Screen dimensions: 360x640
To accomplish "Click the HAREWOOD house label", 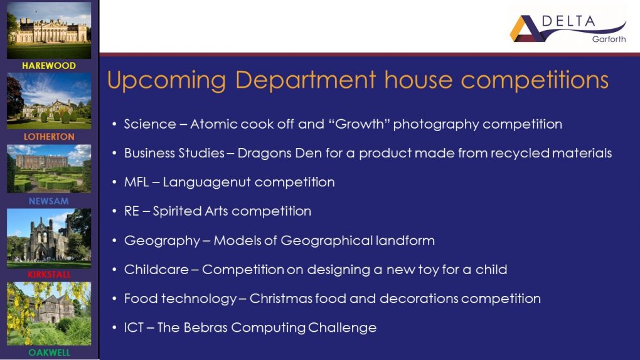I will (x=49, y=66).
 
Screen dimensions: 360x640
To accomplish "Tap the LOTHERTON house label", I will (x=49, y=137).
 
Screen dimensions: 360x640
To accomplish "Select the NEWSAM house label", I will (x=49, y=201).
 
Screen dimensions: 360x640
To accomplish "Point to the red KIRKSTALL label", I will (x=49, y=275).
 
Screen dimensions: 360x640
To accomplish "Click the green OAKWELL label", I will (x=49, y=352).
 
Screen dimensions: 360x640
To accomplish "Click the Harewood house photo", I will (x=49, y=30).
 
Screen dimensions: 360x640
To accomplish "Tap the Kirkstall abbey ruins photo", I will (x=49, y=238).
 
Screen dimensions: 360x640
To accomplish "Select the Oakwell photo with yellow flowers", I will (x=49, y=314).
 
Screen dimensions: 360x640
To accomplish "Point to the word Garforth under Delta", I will (x=609, y=39).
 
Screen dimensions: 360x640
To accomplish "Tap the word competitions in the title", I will (x=535, y=80).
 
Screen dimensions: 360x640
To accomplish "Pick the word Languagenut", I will (x=207, y=183).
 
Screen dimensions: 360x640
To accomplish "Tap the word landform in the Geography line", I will (x=405, y=241).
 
